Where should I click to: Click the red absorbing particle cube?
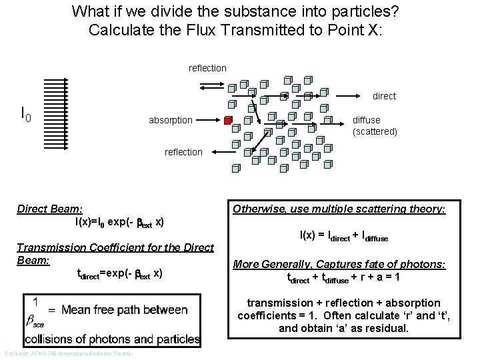[x=228, y=121]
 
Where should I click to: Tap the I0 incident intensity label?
[x=26, y=116]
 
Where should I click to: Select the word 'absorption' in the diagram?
[x=171, y=121]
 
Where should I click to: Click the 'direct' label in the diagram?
[x=384, y=96]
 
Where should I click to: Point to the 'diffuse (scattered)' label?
[x=375, y=126]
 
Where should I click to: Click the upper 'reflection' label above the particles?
[x=207, y=68]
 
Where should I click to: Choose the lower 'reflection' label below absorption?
[x=183, y=152]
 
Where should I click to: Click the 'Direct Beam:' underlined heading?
[x=49, y=209]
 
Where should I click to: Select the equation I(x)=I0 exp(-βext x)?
[x=120, y=221]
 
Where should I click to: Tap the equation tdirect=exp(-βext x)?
[x=120, y=273]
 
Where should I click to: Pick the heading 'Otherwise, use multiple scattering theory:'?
[x=339, y=209]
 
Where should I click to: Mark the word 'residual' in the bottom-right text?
[x=394, y=328]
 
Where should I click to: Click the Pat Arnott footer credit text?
[x=69, y=353]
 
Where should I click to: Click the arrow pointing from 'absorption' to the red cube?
[x=209, y=121]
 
